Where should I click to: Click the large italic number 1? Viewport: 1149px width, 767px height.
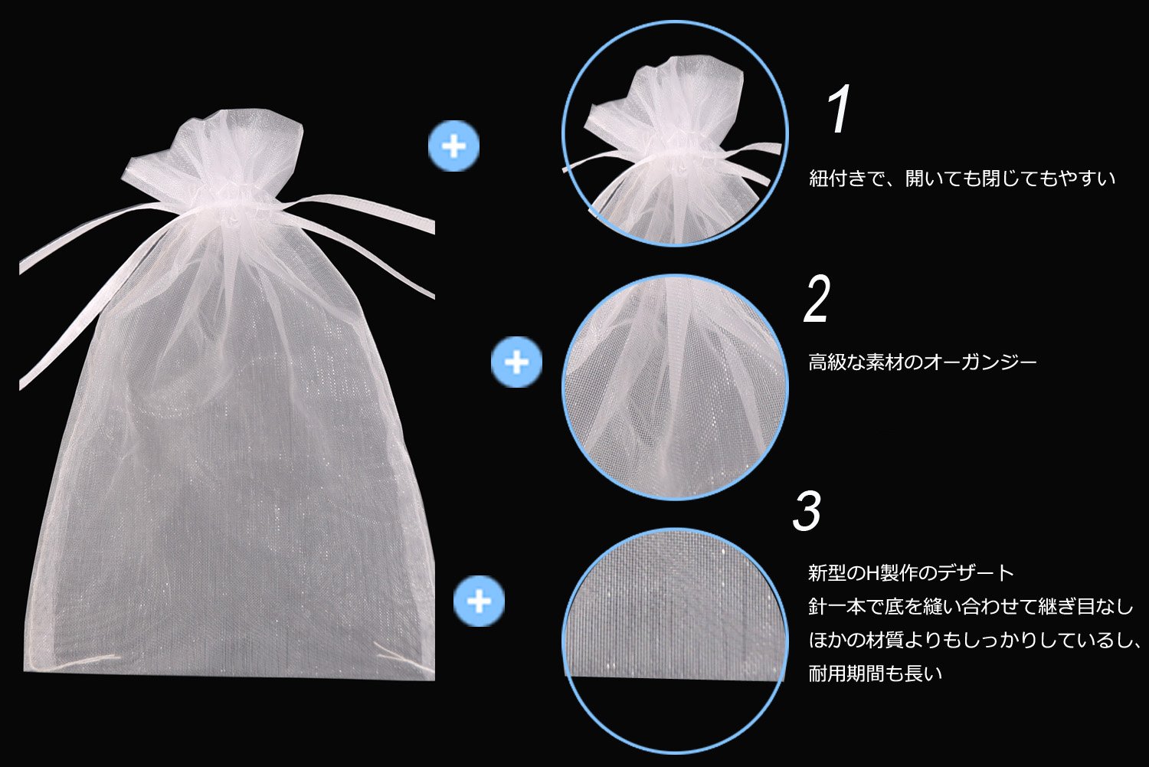(x=840, y=110)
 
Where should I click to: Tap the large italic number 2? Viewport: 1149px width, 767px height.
(x=817, y=300)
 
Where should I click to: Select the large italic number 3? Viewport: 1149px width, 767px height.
(x=807, y=511)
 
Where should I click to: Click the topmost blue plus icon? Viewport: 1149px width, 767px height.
(x=453, y=146)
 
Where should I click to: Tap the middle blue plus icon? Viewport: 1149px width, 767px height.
(x=517, y=362)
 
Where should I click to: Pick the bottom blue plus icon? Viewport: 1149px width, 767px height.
(x=479, y=601)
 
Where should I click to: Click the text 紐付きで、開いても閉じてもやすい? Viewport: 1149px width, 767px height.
(x=962, y=179)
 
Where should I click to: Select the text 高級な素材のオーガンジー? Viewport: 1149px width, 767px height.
(x=922, y=362)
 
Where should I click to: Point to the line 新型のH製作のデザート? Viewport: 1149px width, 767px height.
(x=911, y=572)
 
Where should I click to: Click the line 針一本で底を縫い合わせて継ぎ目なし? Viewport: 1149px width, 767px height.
(x=970, y=607)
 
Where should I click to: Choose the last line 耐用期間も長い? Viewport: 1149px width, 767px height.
(x=875, y=674)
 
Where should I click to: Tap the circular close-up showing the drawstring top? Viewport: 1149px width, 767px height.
(x=675, y=134)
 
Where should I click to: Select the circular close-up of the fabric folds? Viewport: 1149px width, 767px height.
(x=675, y=387)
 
